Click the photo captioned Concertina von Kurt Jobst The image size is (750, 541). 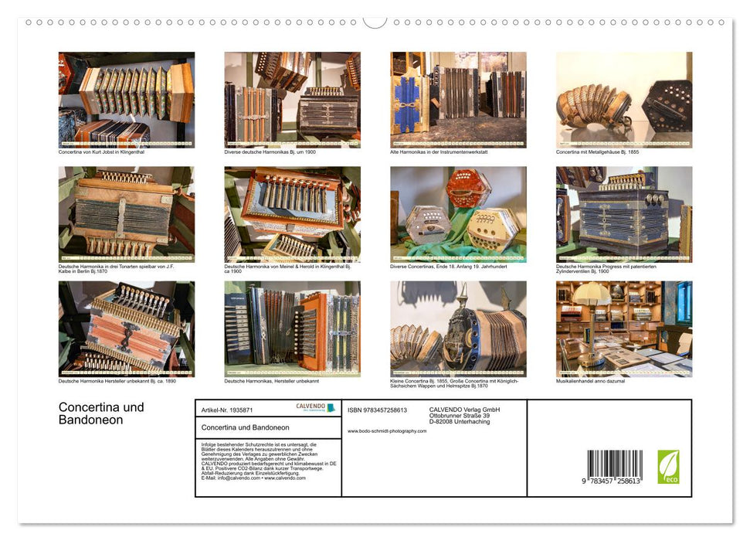pyautogui.click(x=127, y=100)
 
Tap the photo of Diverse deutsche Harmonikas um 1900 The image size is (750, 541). pyautogui.click(x=292, y=100)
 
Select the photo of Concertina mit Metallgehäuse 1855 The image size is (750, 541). pyautogui.click(x=624, y=100)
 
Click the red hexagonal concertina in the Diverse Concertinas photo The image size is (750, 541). pyautogui.click(x=468, y=187)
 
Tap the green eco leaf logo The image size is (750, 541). pyautogui.click(x=668, y=467)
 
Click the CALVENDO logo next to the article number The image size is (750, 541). pyautogui.click(x=315, y=408)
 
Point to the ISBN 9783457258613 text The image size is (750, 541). pyautogui.click(x=377, y=410)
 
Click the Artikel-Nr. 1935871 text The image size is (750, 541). pyautogui.click(x=227, y=410)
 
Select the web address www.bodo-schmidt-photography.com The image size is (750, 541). pyautogui.click(x=386, y=431)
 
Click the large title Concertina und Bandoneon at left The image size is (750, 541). pyautogui.click(x=101, y=413)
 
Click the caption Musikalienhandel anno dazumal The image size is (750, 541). pyautogui.click(x=591, y=381)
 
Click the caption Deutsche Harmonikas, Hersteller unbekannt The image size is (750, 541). pyautogui.click(x=270, y=381)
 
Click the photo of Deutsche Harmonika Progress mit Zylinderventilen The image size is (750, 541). pyautogui.click(x=624, y=214)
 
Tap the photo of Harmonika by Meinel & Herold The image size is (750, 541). pyautogui.click(x=292, y=214)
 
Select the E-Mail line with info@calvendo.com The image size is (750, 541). pyautogui.click(x=253, y=478)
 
